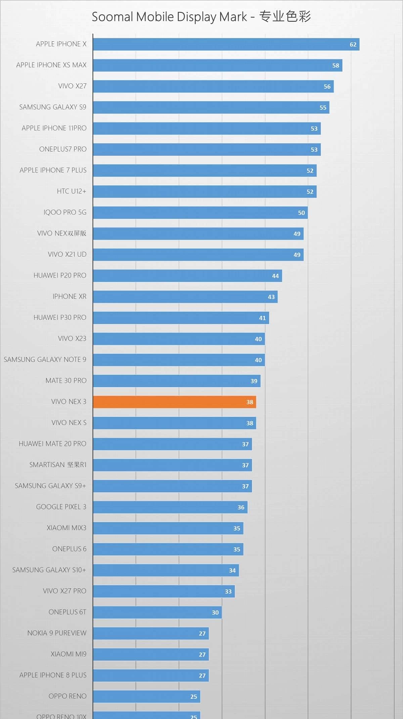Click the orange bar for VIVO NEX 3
[174, 402]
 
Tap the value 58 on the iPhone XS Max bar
[335, 66]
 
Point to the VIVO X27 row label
[72, 86]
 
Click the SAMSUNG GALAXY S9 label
[53, 107]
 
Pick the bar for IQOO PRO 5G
[200, 213]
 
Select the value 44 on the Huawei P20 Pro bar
[275, 276]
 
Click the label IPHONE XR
[70, 296]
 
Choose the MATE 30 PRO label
[66, 381]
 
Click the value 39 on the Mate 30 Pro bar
[254, 381]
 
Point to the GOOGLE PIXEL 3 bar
[170, 507]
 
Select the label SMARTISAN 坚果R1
[58, 465]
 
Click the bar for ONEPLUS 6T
[157, 612]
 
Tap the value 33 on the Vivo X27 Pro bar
[228, 591]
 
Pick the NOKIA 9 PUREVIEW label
[57, 633]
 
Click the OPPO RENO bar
[146, 696]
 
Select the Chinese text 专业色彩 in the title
[285, 16]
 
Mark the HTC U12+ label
[72, 191]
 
